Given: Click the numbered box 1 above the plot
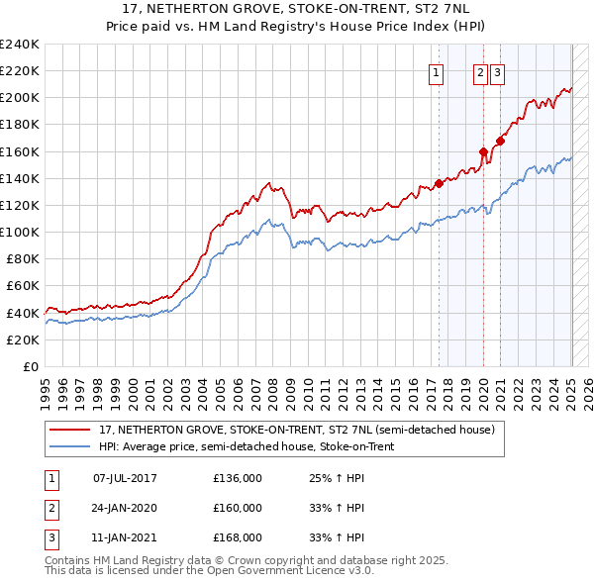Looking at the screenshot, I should (437, 70).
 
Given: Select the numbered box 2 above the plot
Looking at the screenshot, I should (480, 70).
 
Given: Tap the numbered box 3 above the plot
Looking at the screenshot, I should (497, 70).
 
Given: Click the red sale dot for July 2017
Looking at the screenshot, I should (439, 183).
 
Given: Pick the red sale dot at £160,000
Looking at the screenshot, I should (483, 151).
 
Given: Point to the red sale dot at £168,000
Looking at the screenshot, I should (500, 141).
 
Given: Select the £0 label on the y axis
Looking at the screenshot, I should (30, 366).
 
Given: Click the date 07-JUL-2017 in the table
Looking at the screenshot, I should (125, 477).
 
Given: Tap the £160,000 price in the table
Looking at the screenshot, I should (238, 508).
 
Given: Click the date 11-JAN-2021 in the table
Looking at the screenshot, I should (125, 537).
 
